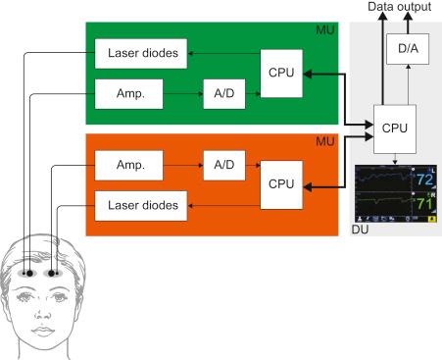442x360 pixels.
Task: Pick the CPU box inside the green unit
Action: pyautogui.click(x=283, y=76)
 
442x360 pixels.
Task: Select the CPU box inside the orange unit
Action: pyautogui.click(x=283, y=183)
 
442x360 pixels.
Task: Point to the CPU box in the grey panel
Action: pyautogui.click(x=395, y=127)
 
